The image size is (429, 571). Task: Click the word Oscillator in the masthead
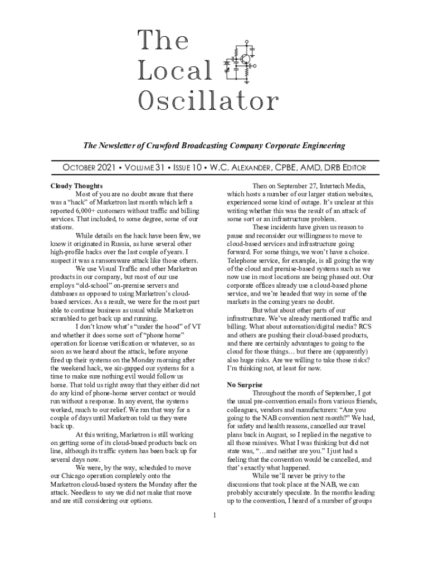point(207,101)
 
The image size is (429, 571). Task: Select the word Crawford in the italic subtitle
point(170,146)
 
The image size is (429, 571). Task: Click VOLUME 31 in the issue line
point(148,168)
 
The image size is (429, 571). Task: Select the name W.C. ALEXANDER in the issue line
point(257,168)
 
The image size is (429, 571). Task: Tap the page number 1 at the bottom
point(214,514)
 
